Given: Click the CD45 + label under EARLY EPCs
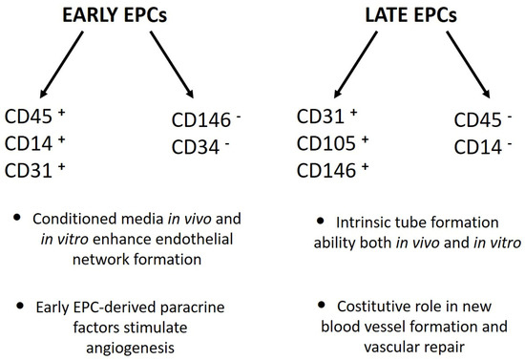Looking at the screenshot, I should click(x=35, y=116).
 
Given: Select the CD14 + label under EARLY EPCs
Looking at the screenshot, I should click(x=35, y=143).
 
